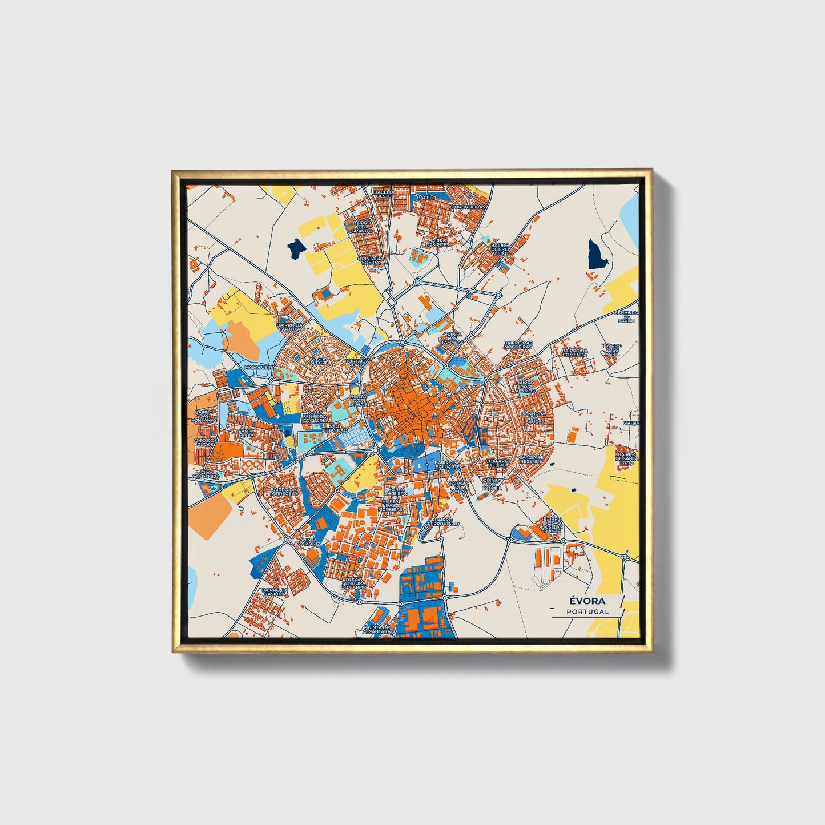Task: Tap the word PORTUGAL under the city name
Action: [587, 611]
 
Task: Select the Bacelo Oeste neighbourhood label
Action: [383, 194]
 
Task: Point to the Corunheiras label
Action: [468, 207]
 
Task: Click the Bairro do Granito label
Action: [362, 227]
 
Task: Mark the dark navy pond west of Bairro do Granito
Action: [296, 249]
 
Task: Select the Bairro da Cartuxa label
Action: [289, 327]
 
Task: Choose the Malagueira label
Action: [259, 367]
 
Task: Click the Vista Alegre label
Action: [319, 361]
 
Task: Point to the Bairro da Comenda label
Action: [574, 353]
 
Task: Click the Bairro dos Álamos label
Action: [525, 387]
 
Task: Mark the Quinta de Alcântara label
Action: [377, 629]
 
